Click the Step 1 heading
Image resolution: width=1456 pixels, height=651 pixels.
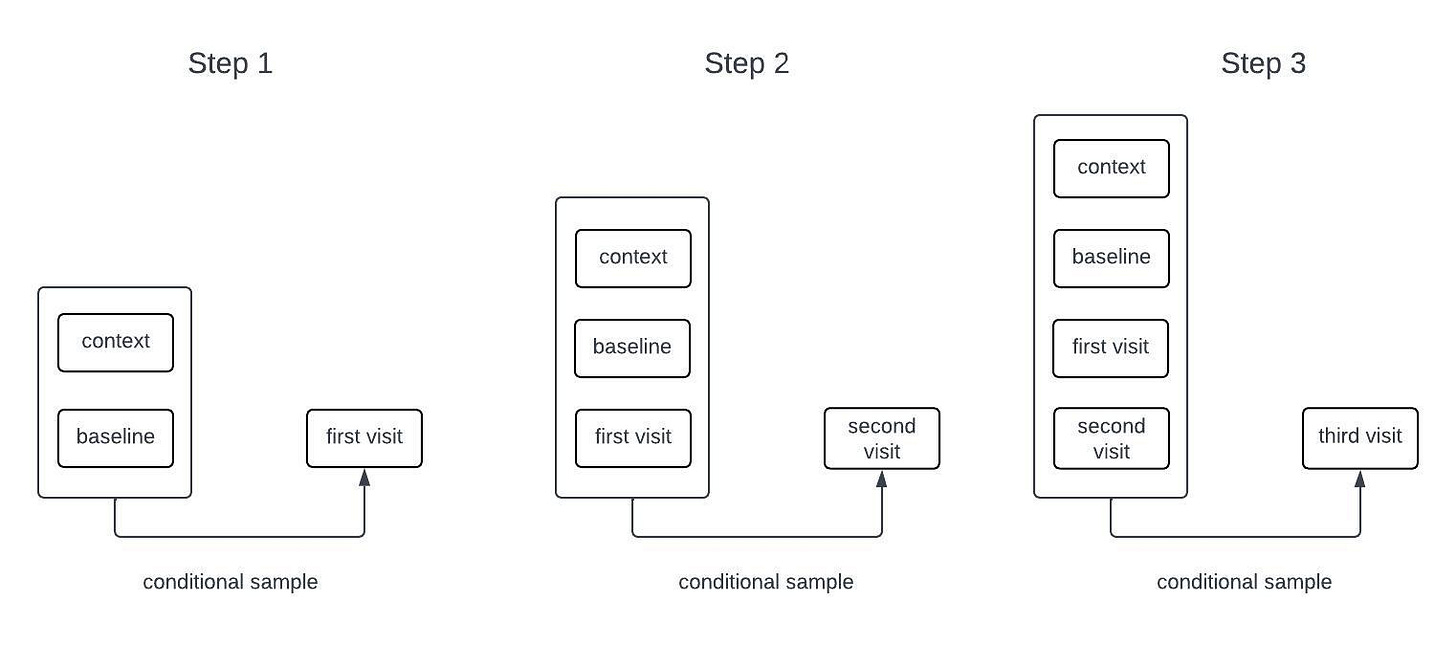point(230,64)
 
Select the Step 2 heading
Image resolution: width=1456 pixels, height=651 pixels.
point(747,64)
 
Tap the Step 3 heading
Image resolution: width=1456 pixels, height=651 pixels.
point(1263,64)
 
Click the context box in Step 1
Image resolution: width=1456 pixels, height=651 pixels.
point(116,342)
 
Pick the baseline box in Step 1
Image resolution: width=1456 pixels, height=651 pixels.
point(116,438)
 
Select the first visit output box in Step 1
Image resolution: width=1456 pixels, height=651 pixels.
point(365,438)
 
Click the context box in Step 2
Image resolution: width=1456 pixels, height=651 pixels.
point(633,258)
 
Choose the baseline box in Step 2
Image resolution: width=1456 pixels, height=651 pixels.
point(632,348)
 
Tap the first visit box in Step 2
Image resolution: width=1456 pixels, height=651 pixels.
point(633,438)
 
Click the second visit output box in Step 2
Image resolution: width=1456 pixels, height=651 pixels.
point(882,439)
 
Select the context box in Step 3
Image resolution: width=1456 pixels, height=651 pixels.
point(1112,168)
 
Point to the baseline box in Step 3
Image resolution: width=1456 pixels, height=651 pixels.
point(1112,258)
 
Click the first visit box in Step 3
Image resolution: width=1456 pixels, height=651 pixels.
point(1111,348)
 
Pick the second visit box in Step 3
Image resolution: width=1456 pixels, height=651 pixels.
point(1112,439)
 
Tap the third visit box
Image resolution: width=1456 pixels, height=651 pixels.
point(1360,439)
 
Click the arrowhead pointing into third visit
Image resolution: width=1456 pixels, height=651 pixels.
point(1360,479)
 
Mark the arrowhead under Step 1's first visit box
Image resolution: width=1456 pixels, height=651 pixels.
point(365,478)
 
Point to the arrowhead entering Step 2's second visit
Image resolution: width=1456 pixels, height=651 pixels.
point(882,479)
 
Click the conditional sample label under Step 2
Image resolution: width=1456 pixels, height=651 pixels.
point(766,581)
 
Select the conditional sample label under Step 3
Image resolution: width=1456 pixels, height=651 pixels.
point(1244,581)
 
